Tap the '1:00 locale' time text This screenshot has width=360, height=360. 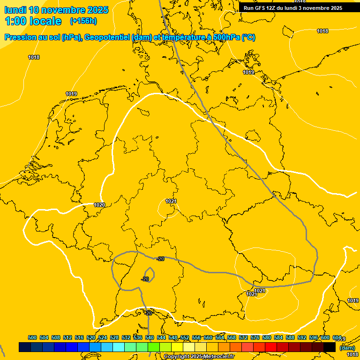click(x=33, y=21)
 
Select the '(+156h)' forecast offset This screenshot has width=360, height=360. click(x=83, y=21)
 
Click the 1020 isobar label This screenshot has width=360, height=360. click(x=99, y=205)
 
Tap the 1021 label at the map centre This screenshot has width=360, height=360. click(x=171, y=201)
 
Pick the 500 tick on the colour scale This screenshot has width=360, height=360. click(x=32, y=337)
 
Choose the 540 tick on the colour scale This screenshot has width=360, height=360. click(x=150, y=337)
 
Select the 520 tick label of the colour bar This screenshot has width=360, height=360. click(x=91, y=337)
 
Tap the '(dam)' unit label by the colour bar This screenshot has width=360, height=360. click(x=347, y=348)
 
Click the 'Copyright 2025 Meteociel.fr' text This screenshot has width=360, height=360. click(x=199, y=357)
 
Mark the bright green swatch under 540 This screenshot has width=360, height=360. click(x=154, y=347)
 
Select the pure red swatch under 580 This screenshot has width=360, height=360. click(x=271, y=347)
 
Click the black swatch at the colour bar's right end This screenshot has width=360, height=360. click(x=330, y=347)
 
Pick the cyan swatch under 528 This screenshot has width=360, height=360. click(x=119, y=347)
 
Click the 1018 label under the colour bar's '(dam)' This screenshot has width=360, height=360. click(x=352, y=355)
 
